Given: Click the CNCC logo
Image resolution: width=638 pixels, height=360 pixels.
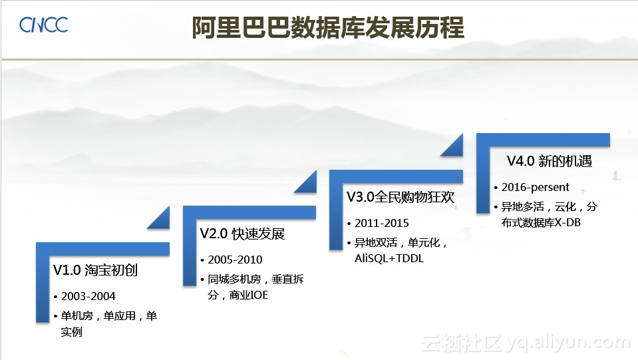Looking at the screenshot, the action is point(43,25).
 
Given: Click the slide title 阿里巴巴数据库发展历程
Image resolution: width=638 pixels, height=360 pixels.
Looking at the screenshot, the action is point(328,28).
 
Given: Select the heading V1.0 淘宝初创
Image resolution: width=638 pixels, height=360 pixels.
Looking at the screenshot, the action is point(96,270).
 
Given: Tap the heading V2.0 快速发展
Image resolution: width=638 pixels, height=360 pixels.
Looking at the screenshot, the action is point(243,234).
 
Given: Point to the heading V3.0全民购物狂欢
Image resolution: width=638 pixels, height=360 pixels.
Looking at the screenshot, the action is point(400,197).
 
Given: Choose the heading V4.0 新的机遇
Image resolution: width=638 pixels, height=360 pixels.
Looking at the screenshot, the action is point(550,161).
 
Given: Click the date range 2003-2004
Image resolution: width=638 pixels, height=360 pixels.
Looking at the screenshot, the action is point(88,296).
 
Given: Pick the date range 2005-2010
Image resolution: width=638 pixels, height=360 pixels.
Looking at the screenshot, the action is point(236,260).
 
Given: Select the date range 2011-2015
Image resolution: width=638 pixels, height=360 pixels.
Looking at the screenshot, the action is point(382,223).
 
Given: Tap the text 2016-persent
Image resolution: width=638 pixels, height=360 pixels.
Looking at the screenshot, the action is point(535,187).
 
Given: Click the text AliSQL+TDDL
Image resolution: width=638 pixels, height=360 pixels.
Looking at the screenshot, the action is point(389,258).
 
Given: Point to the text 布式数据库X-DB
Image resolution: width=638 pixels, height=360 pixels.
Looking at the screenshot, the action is point(541,222).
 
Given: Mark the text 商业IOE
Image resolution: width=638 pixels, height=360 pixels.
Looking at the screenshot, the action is point(249,295).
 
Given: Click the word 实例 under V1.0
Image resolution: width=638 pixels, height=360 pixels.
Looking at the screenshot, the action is point(72,332).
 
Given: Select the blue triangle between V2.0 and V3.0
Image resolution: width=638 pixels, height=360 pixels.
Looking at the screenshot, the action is point(305,182).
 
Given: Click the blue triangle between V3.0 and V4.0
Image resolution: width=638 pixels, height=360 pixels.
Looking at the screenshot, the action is point(452,145).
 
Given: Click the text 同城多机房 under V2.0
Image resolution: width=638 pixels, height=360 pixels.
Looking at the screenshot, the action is point(234,279).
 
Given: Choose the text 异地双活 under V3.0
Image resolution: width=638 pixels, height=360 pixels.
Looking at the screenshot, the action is point(376,243).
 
